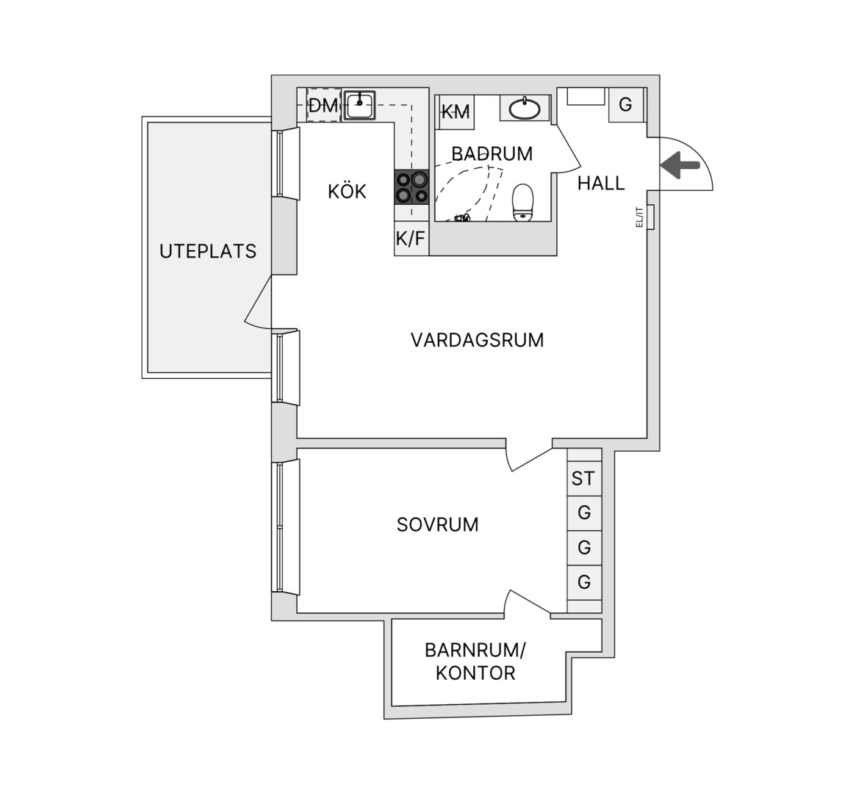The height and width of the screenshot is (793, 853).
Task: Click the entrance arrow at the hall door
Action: click(x=680, y=165)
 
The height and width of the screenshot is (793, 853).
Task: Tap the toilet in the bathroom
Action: click(x=523, y=203)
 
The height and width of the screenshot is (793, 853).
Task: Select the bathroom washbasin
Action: click(x=525, y=108)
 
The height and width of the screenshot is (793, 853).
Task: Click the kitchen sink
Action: click(x=359, y=105)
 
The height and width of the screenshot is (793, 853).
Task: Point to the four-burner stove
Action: click(x=412, y=187)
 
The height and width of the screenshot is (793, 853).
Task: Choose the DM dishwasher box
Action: click(x=323, y=106)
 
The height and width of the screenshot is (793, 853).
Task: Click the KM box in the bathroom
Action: click(x=456, y=112)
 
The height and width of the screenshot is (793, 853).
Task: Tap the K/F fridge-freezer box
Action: click(x=411, y=238)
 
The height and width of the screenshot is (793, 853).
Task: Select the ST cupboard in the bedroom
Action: click(x=584, y=478)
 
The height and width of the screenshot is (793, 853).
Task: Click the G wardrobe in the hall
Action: click(x=625, y=104)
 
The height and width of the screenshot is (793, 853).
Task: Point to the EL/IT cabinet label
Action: click(x=640, y=217)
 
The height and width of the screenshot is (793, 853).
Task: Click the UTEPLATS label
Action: click(x=208, y=251)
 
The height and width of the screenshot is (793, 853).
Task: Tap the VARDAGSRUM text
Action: click(x=477, y=340)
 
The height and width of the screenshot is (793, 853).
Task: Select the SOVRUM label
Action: click(x=437, y=525)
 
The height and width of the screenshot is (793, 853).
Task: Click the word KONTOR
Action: click(x=475, y=673)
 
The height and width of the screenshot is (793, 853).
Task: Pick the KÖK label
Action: click(x=347, y=191)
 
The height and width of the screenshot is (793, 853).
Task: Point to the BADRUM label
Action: click(x=492, y=153)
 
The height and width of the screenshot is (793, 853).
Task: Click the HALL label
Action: click(x=600, y=184)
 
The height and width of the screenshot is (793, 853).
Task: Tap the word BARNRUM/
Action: click(x=475, y=650)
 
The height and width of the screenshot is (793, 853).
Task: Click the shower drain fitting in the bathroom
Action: click(x=462, y=219)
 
